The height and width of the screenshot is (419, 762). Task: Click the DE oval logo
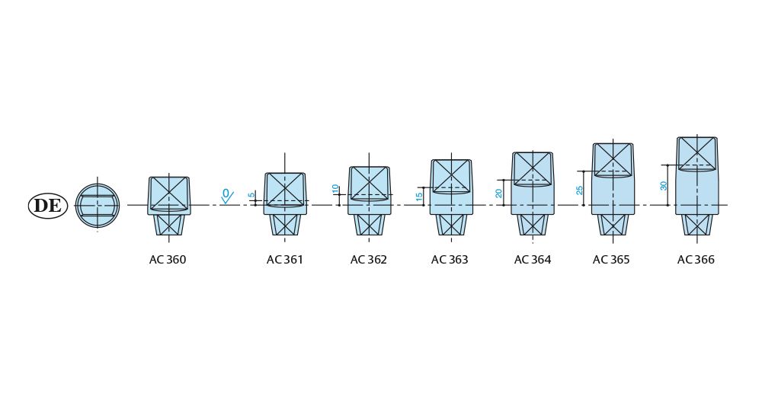click(x=48, y=206)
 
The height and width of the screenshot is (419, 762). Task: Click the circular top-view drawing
click(x=98, y=206)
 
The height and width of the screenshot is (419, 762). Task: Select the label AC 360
click(x=168, y=260)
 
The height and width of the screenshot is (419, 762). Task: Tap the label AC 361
click(x=285, y=260)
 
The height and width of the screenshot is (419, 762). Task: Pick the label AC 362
click(x=369, y=260)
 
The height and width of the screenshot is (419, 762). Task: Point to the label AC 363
click(x=450, y=260)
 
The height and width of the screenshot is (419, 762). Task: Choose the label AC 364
click(x=533, y=260)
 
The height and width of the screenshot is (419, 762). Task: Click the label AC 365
click(x=611, y=260)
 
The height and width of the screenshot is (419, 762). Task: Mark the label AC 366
click(x=696, y=260)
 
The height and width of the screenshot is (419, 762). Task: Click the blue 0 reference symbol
click(x=226, y=194)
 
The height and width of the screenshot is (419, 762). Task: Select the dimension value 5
click(x=251, y=196)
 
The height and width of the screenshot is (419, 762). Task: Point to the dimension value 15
click(x=419, y=196)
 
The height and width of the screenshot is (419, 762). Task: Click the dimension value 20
click(x=499, y=194)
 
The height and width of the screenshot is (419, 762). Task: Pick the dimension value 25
click(x=580, y=190)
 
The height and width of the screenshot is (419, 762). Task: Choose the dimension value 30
click(x=664, y=185)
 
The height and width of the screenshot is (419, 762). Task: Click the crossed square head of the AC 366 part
click(x=697, y=153)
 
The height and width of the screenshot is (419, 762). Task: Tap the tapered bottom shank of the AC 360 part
click(x=169, y=225)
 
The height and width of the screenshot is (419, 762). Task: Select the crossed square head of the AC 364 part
click(x=533, y=168)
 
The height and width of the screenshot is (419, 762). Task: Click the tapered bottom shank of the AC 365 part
click(x=613, y=225)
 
